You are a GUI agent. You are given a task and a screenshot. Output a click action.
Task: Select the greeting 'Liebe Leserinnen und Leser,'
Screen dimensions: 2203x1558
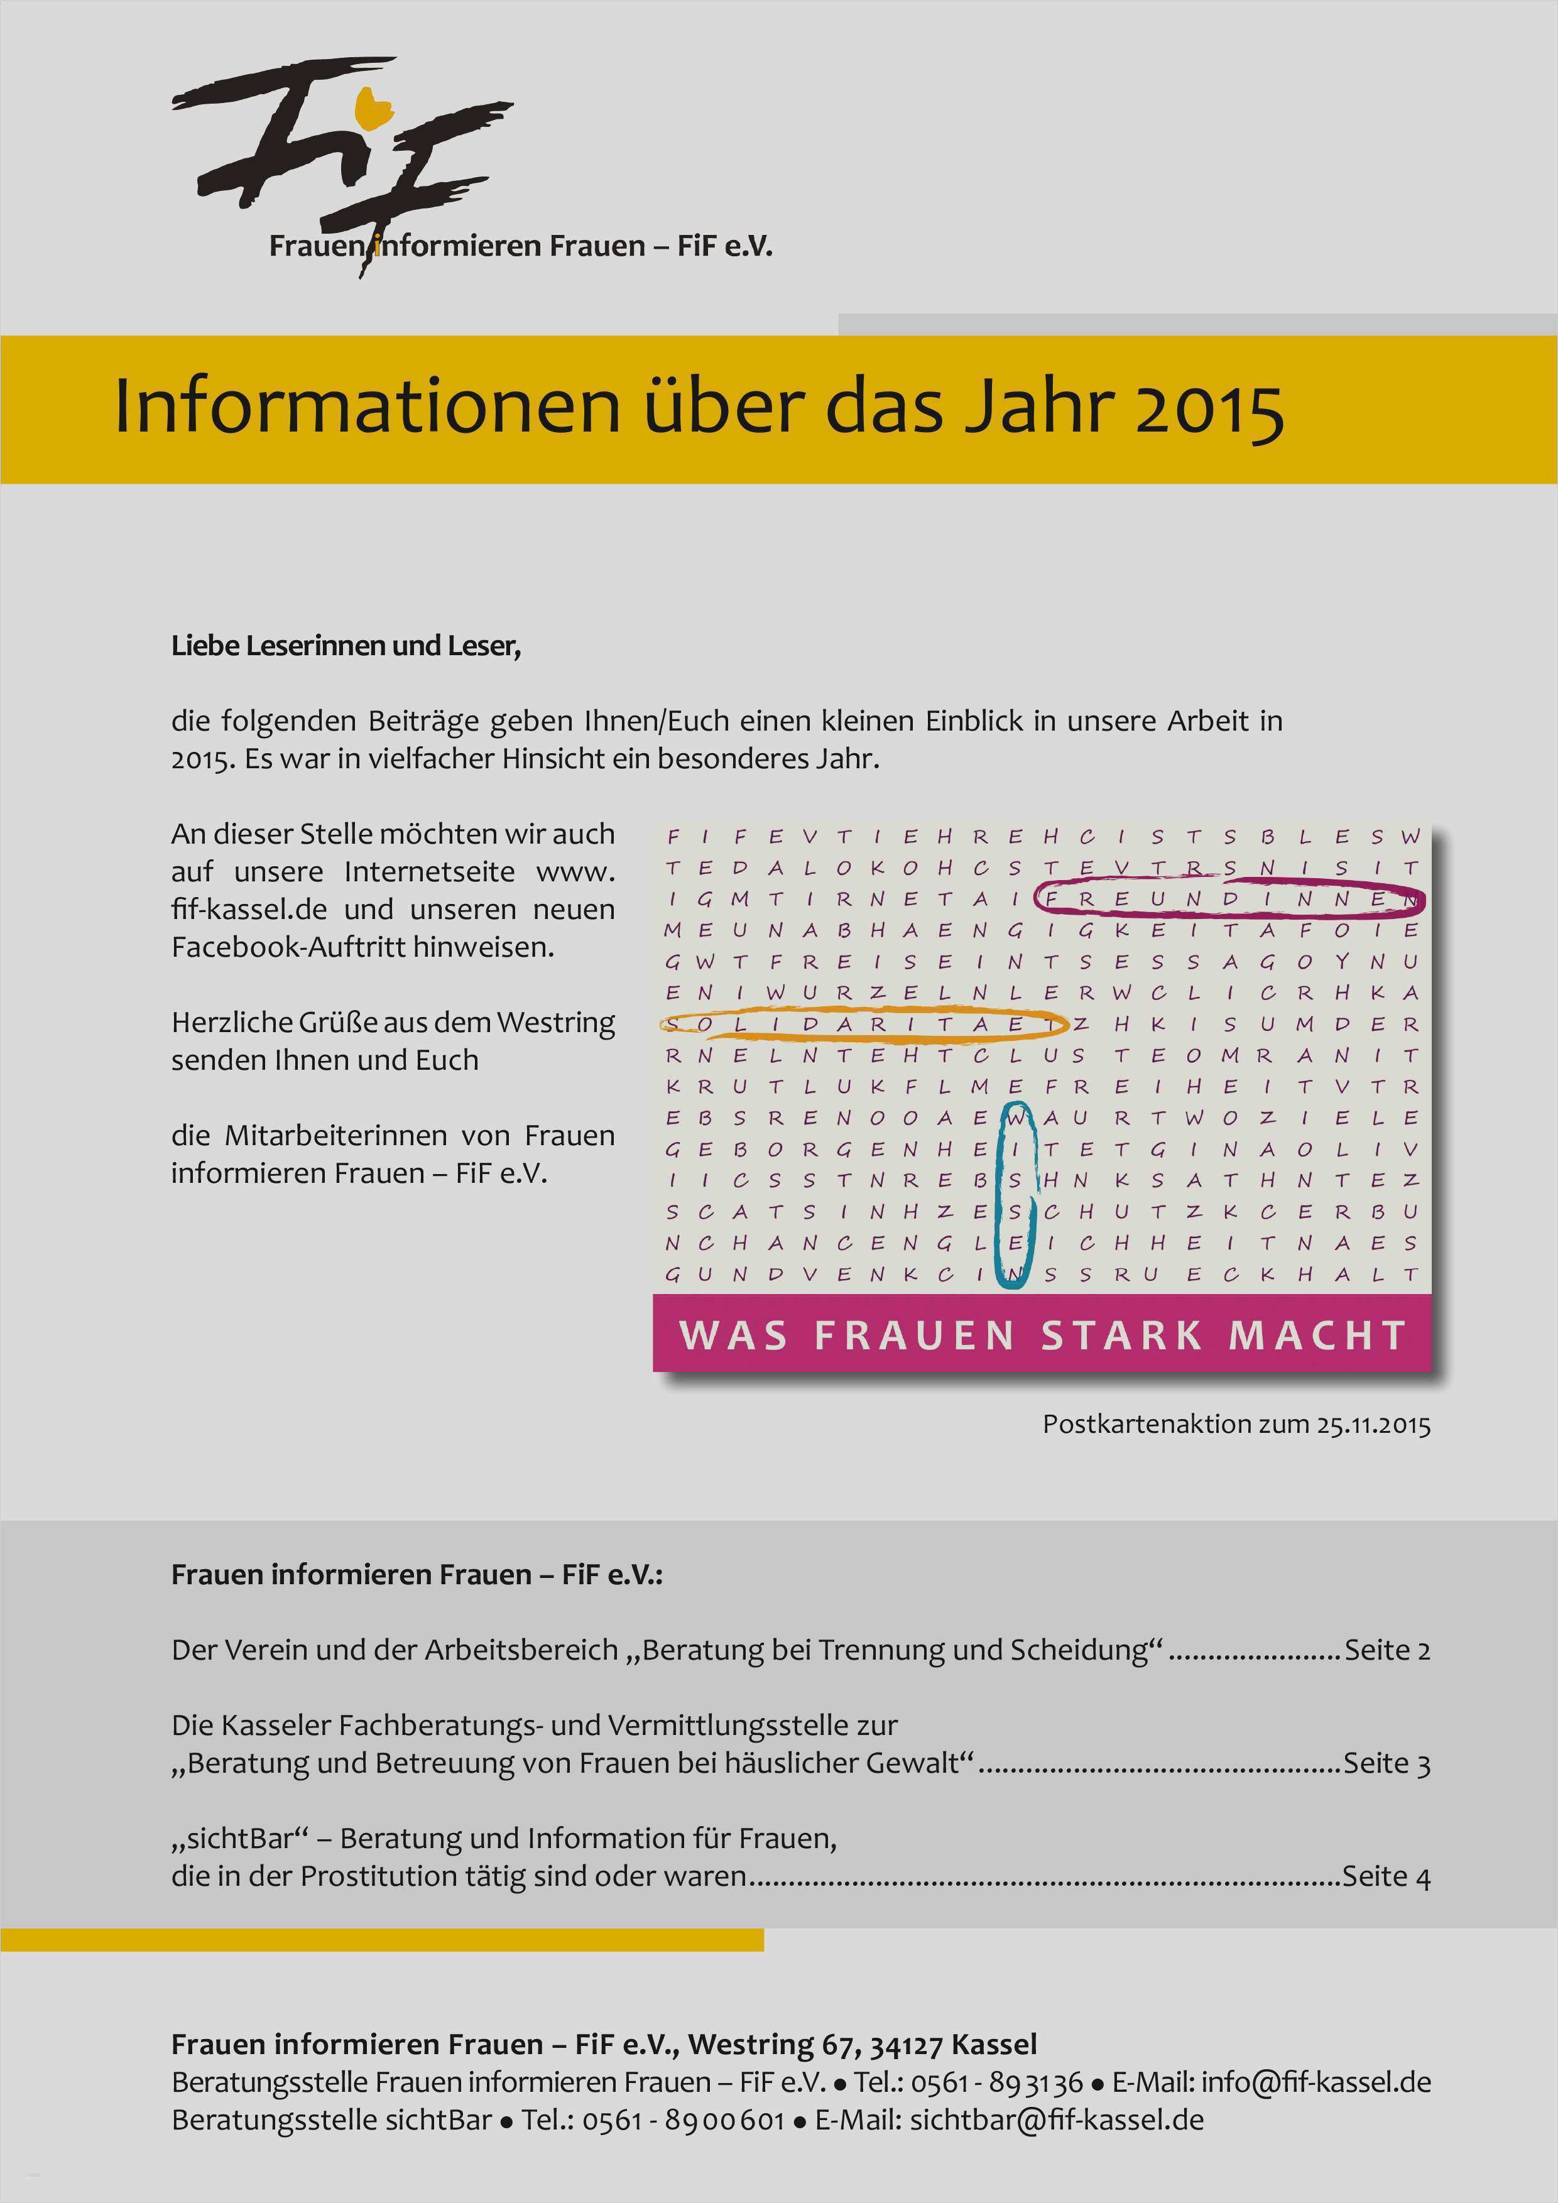(x=346, y=646)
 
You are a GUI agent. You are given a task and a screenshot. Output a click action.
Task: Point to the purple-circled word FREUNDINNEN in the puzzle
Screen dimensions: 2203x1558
(x=1231, y=899)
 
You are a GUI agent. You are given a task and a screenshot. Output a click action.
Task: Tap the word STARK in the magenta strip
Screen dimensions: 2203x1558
(x=1121, y=1335)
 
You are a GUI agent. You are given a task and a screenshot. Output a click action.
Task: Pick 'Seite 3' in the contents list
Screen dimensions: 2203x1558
(x=1386, y=1763)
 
